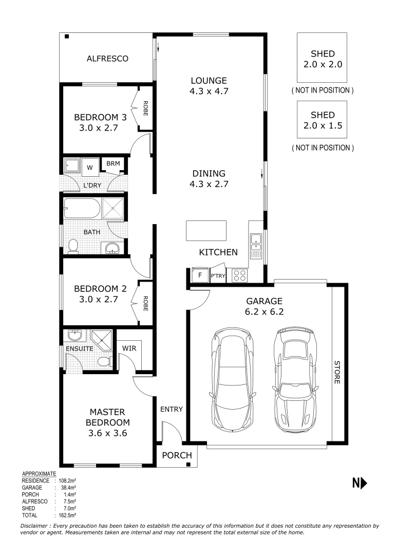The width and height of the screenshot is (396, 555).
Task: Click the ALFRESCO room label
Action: [x=107, y=59]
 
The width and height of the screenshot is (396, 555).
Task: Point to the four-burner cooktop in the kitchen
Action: [x=239, y=275]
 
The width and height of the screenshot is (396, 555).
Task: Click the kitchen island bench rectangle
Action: [x=206, y=230]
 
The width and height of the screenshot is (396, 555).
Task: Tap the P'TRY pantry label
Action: [x=218, y=276]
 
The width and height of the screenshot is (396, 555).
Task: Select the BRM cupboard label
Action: [x=113, y=164]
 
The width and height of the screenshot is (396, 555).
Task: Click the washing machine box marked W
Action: [x=90, y=167]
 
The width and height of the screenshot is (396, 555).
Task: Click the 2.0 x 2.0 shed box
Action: [x=322, y=58]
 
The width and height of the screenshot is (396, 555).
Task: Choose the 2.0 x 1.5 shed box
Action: [x=322, y=119]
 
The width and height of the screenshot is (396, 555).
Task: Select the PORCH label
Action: [x=177, y=455]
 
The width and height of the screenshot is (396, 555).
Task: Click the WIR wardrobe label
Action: [x=128, y=348]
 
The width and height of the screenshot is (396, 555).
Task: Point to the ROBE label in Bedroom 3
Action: [x=145, y=108]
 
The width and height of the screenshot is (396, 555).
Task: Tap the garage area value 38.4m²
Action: [x=69, y=487]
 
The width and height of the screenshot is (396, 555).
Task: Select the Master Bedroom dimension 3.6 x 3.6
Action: [x=107, y=433]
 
